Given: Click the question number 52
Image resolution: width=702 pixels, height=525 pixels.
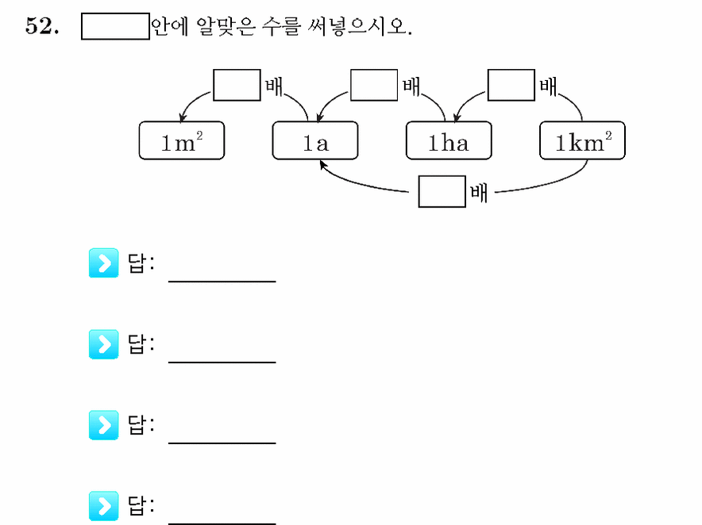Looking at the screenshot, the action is pos(42,26).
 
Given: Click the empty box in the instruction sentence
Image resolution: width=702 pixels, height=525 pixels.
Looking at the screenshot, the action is pos(115,26).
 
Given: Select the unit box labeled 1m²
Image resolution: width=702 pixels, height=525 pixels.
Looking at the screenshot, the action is pos(182,140).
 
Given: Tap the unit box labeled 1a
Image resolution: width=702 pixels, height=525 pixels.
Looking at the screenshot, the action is pos(315,140).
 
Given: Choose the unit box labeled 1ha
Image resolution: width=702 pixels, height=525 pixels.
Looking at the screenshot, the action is pos(449,140).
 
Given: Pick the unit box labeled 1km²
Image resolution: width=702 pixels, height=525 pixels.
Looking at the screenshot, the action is pos(582,140).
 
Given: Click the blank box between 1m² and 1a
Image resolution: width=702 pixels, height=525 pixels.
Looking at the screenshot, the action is pos(237,85).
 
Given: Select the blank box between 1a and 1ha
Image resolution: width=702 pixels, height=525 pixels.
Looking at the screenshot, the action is pos(374,85).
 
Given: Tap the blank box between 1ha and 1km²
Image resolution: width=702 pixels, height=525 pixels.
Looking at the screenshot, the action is pos(511,85).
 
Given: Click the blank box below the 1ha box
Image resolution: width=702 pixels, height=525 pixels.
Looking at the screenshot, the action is pos(442,191).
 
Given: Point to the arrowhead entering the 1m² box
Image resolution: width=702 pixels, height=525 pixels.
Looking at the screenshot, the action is pos(182,118).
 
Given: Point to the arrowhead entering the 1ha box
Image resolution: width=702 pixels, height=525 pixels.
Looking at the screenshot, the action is pos(456,118).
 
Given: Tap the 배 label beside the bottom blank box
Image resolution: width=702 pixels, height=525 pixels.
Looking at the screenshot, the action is pos(479,194).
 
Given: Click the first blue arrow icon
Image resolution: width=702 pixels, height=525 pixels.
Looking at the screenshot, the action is pos(103,263).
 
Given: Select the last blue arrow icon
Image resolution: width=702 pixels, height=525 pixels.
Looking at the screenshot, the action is pos(103,506).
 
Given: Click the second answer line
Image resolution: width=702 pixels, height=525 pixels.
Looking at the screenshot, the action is pos(222,362).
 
